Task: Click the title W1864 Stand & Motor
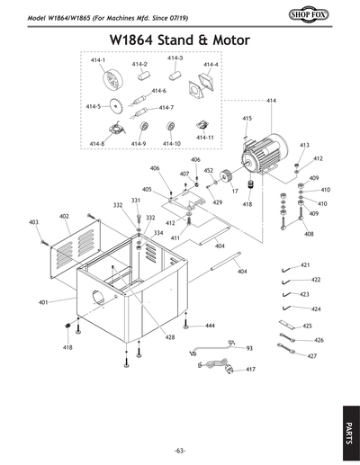click(179, 41)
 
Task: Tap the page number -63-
click(180, 449)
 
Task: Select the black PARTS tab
click(348, 424)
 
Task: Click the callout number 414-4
click(211, 65)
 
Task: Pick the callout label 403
click(33, 221)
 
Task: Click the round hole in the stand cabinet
click(101, 296)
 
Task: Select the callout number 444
click(209, 325)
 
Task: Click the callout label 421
click(305, 265)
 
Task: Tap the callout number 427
click(311, 356)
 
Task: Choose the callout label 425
click(307, 326)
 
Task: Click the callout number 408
click(309, 234)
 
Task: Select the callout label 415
click(247, 118)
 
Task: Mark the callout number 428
click(170, 337)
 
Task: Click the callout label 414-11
click(204, 138)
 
